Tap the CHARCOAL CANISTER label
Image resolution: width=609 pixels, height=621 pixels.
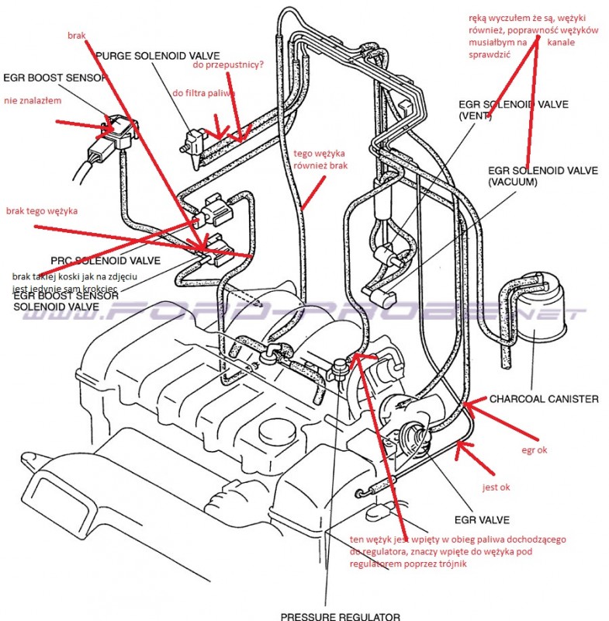(544, 399)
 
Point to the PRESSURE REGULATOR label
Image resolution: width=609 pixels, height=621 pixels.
(341, 616)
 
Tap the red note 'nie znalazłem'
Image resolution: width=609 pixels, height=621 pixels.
(33, 100)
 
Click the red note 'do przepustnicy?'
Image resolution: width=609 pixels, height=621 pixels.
(228, 65)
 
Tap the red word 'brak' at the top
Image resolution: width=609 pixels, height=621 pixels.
(76, 36)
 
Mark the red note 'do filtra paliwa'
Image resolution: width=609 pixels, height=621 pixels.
(203, 92)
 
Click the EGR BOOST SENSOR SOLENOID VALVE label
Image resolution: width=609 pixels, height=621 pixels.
(65, 301)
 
